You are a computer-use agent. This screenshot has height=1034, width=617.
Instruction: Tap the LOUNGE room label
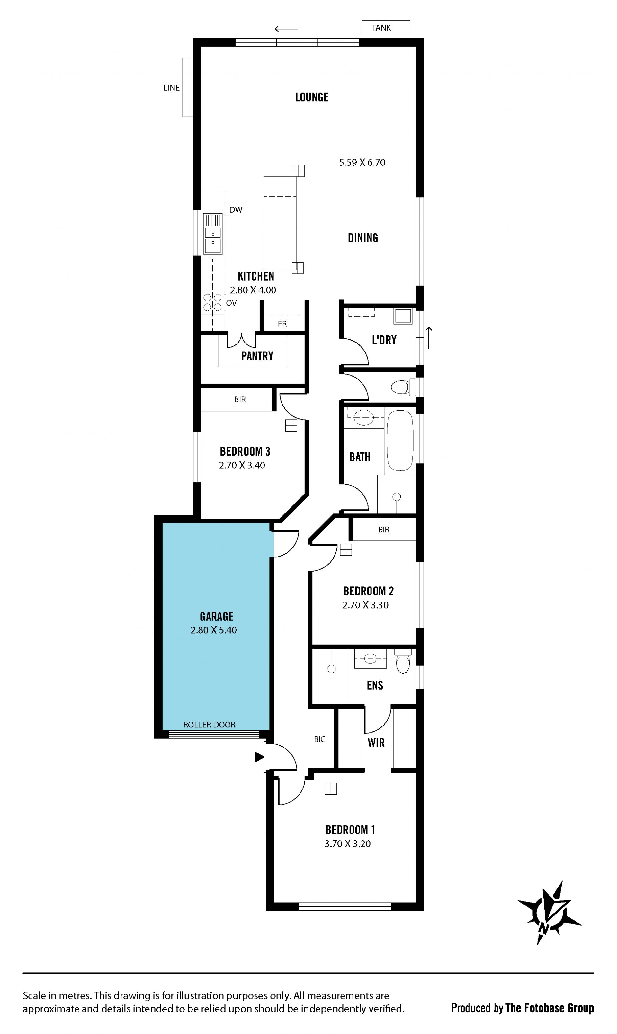click(312, 97)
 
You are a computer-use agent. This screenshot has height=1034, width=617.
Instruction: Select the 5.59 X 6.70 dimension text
click(362, 163)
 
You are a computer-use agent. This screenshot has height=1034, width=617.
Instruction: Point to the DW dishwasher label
click(236, 210)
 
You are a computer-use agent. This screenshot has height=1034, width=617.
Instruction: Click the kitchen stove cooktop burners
click(212, 302)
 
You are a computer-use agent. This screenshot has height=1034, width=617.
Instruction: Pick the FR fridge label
click(282, 324)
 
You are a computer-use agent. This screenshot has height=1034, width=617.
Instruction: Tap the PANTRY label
click(257, 356)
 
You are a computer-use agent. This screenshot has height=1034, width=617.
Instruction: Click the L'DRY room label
click(384, 340)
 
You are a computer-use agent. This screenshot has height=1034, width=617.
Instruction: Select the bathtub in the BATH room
click(400, 441)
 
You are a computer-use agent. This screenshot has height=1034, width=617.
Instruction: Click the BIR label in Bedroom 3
click(240, 399)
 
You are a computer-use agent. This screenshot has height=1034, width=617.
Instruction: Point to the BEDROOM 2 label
click(368, 591)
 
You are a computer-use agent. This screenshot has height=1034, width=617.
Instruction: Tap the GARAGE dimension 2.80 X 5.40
click(214, 630)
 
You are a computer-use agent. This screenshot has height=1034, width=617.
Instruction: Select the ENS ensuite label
click(375, 685)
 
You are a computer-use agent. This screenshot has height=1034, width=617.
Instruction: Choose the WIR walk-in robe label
click(376, 743)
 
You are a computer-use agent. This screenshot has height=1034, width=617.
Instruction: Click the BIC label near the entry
click(320, 739)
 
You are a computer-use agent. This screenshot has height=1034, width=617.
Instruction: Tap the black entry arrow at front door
click(259, 757)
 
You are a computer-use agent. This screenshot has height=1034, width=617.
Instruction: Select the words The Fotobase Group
click(550, 1008)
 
